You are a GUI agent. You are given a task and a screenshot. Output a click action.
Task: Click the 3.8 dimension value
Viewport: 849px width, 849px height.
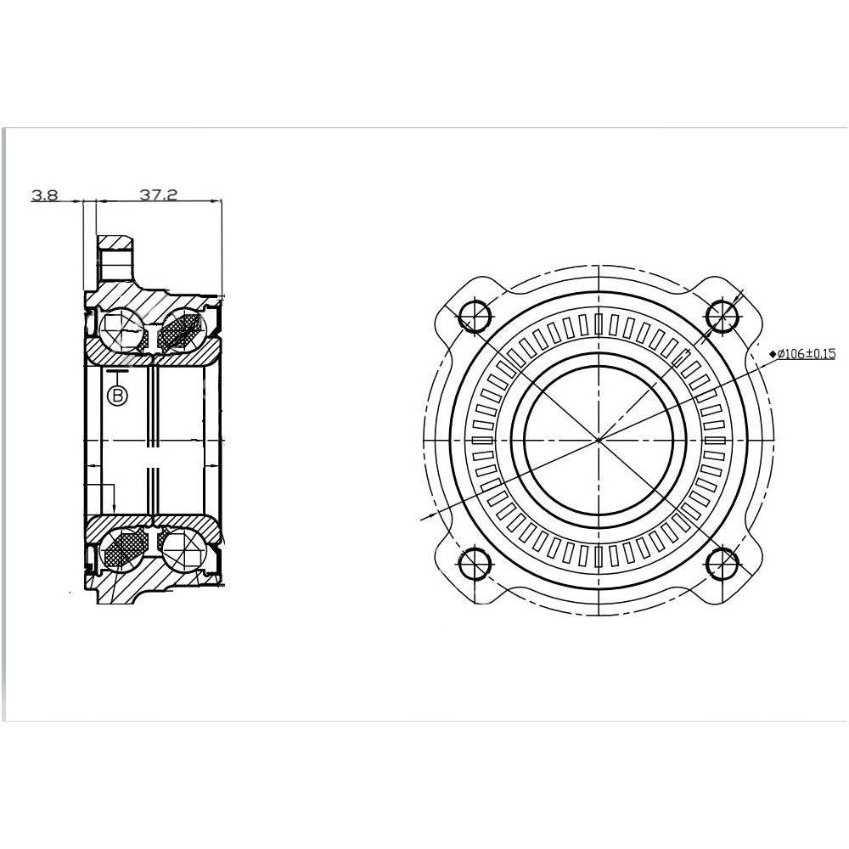click(44, 195)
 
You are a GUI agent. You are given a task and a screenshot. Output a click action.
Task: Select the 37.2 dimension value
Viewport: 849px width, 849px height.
click(158, 195)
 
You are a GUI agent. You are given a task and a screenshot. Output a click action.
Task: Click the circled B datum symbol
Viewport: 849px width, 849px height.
click(117, 395)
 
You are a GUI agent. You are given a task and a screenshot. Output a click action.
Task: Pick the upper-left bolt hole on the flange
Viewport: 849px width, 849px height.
click(474, 316)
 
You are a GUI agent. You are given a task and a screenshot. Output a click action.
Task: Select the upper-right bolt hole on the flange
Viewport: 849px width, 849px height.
click(723, 316)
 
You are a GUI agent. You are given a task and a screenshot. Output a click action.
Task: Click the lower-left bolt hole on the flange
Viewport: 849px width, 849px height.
click(474, 564)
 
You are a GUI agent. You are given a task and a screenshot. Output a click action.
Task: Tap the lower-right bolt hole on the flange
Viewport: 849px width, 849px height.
click(723, 564)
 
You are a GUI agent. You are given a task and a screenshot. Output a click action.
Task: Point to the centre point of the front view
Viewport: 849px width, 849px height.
click(599, 440)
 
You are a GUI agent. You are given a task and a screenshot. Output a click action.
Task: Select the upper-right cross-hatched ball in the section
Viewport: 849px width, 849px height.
click(181, 330)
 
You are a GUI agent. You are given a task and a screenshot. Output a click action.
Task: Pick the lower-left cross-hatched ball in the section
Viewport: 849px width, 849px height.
click(121, 549)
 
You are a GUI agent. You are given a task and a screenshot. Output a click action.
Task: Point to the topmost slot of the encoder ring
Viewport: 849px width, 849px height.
click(599, 324)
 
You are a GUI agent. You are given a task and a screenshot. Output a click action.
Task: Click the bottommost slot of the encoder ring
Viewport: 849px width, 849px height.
click(599, 556)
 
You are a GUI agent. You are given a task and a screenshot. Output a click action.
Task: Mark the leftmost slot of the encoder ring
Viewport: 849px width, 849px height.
click(482, 440)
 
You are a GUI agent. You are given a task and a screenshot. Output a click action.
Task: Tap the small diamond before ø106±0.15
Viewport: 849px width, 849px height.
click(772, 353)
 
